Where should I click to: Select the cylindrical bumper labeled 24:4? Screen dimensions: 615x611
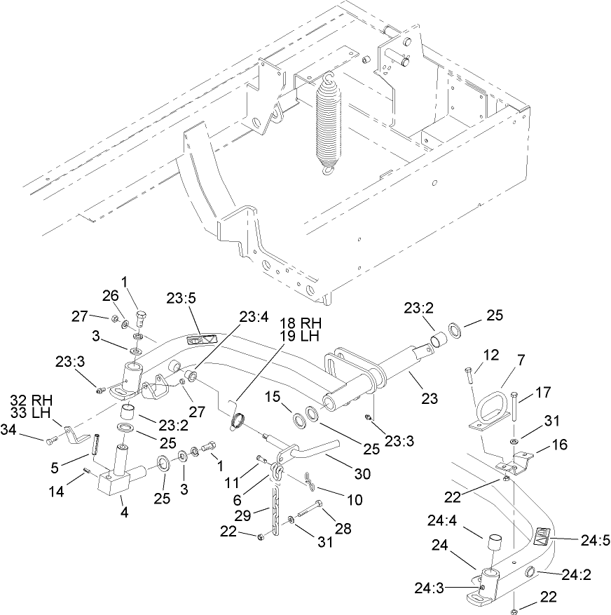(x=493, y=545)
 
